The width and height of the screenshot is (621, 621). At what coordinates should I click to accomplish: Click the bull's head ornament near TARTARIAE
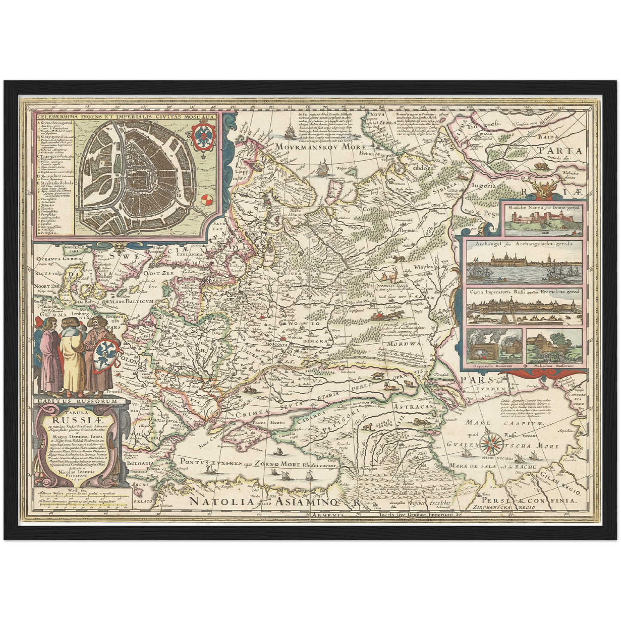[x=541, y=188]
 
